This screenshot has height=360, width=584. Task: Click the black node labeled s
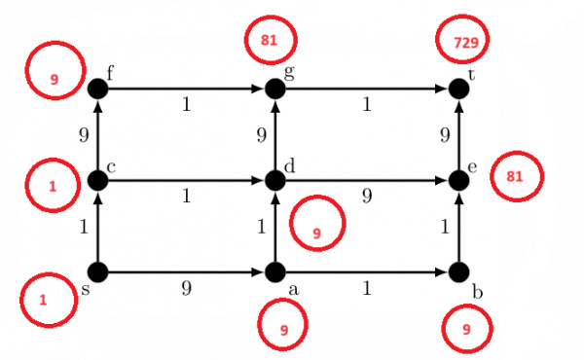tap(97, 271)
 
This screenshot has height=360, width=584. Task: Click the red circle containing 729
tap(462, 41)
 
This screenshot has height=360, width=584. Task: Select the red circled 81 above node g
tap(274, 41)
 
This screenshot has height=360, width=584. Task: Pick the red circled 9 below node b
tap(467, 330)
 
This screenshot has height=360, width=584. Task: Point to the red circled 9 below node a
tap(284, 329)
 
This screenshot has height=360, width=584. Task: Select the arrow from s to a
tap(185, 271)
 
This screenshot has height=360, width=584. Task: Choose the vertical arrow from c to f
tap(97, 134)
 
